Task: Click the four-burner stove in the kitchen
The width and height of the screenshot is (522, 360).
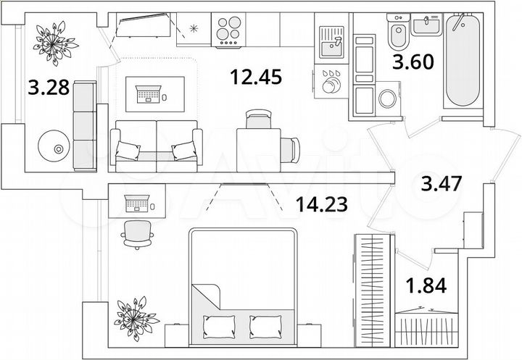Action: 233,32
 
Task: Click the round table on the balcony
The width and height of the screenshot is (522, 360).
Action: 55,148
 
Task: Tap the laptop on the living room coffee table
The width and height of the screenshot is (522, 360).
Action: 151,93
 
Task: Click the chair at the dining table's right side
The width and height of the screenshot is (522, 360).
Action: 291,148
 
